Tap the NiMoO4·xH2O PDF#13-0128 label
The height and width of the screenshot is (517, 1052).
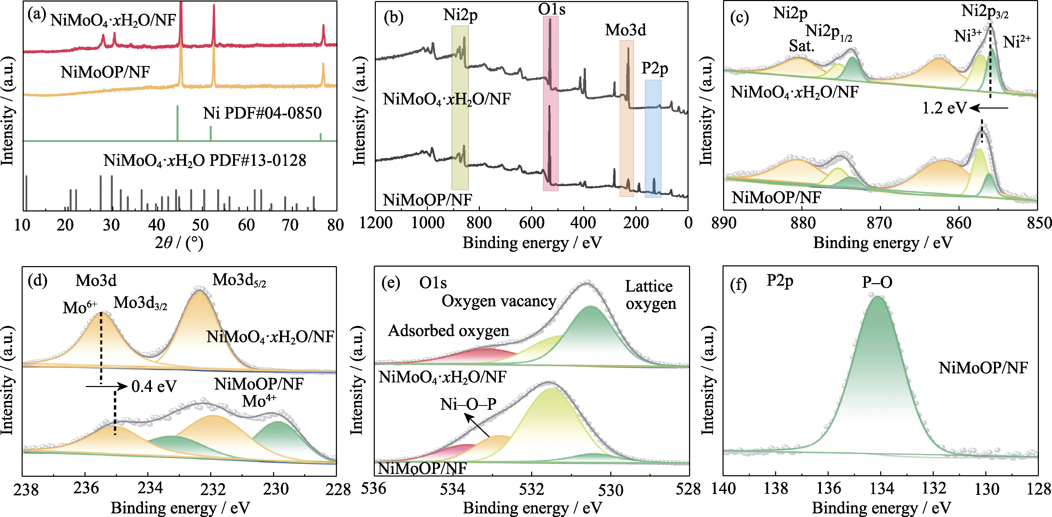205,160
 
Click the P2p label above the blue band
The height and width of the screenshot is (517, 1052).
654,68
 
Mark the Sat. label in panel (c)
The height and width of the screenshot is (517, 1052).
801,46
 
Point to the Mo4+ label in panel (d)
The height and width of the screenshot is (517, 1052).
259,401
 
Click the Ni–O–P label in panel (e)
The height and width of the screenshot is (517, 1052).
468,404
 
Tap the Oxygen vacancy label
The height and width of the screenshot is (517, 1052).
499,301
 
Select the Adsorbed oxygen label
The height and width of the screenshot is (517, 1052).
448,330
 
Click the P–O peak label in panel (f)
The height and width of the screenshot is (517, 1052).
877,282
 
